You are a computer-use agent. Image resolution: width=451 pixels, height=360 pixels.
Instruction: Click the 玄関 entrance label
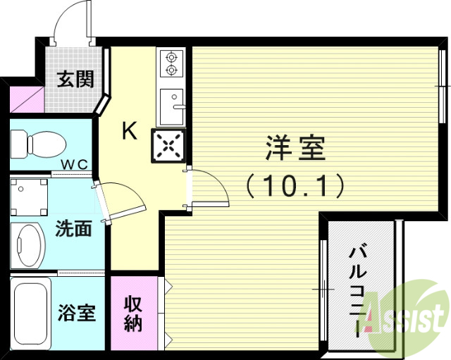pos(75,80)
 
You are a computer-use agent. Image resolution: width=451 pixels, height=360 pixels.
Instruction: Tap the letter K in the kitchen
pos(129,130)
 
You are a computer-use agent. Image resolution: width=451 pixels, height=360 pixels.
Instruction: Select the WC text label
pos(73,165)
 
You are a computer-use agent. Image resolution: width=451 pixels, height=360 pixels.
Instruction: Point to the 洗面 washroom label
pos(73,228)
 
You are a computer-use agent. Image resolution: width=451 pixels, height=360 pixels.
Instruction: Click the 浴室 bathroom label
pos(77,312)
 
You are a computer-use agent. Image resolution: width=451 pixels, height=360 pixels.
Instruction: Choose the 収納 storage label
pos(133,314)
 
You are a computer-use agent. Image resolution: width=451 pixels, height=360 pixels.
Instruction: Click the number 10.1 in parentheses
pos(295,185)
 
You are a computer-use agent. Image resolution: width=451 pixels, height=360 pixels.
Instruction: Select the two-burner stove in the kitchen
pos(171,63)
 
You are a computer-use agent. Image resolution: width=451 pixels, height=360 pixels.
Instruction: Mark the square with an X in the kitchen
pos(169,146)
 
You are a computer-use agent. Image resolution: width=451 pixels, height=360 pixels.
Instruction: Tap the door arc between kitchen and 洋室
pos(209,187)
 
